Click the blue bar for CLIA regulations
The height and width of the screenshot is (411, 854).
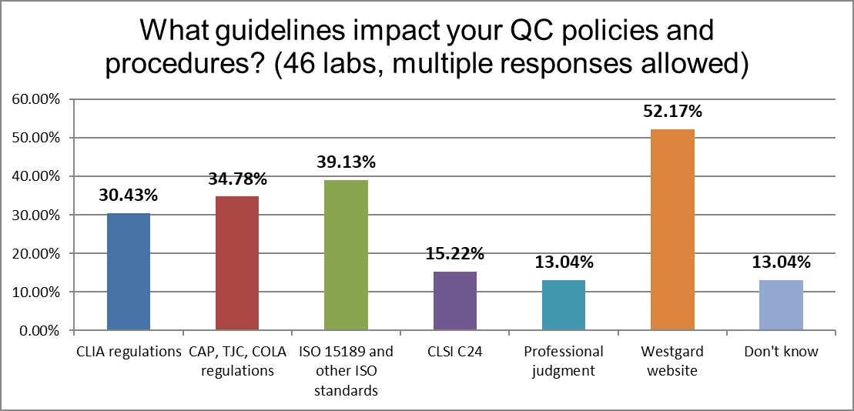click(x=127, y=272)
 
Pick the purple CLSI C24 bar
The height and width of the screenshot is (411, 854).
click(x=456, y=301)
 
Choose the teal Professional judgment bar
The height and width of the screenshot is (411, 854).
click(x=564, y=305)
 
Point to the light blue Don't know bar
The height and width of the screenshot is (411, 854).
click(x=781, y=305)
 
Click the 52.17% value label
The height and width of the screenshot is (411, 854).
click(x=672, y=112)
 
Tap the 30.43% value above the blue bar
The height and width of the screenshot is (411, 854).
click(x=128, y=196)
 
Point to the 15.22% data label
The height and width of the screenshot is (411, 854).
click(x=454, y=253)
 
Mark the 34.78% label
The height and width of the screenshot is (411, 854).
click(x=237, y=179)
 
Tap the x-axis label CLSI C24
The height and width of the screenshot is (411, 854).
click(x=455, y=352)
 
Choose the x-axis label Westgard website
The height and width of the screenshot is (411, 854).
click(x=672, y=360)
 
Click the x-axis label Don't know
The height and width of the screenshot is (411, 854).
click(x=781, y=352)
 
